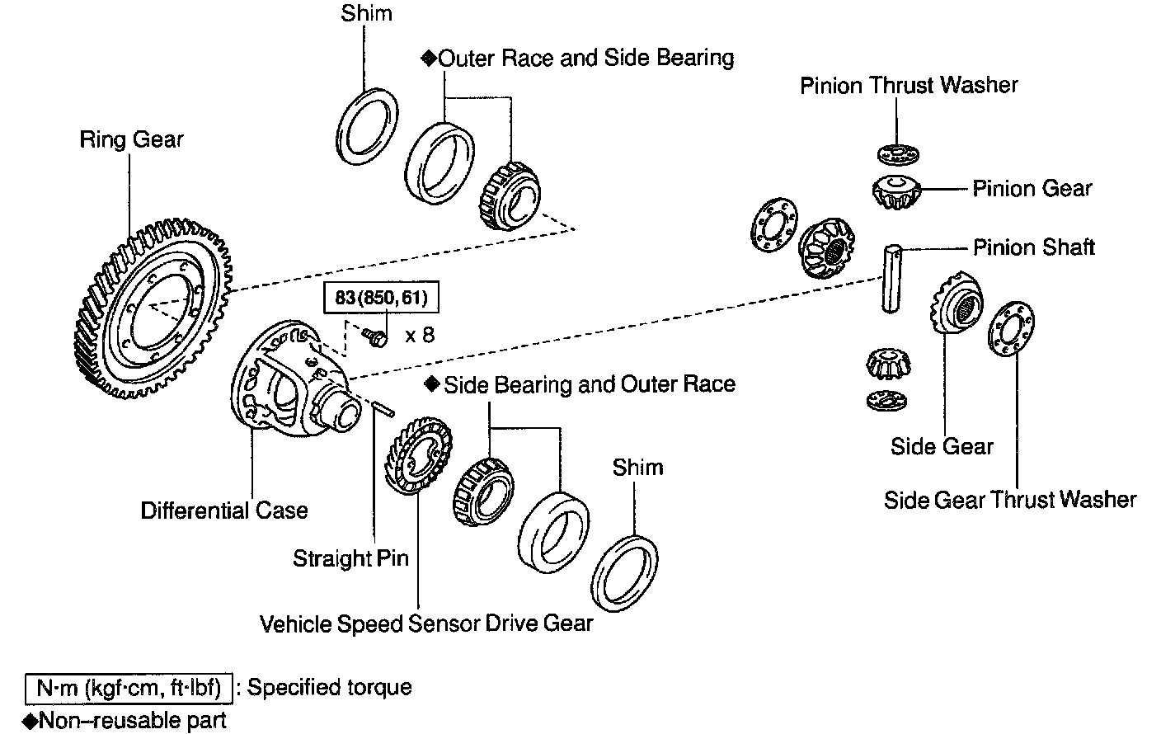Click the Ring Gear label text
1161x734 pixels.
click(x=131, y=139)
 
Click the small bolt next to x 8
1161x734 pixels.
click(x=375, y=336)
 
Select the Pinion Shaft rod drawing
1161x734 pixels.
click(x=891, y=278)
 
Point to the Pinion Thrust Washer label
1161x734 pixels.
click(x=909, y=85)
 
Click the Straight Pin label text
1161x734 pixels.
click(x=350, y=558)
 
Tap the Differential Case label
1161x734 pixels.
click(x=223, y=511)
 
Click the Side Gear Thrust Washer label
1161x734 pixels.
click(x=1010, y=500)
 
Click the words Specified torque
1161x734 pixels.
click(x=329, y=687)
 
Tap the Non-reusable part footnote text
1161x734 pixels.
click(x=132, y=720)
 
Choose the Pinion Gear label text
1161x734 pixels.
click(x=1032, y=189)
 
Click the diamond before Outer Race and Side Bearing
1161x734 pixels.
click(x=427, y=58)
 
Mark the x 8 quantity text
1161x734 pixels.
click(x=419, y=336)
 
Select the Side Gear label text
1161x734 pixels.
click(x=942, y=446)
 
